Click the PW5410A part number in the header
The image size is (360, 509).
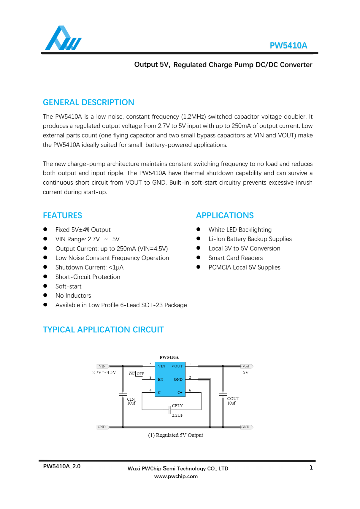point(288,45)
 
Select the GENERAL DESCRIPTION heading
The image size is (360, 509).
point(88,102)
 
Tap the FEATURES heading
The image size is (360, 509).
point(62,215)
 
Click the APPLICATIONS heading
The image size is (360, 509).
point(225,215)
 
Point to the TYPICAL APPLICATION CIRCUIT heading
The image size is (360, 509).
point(103,330)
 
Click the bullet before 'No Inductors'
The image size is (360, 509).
point(45,295)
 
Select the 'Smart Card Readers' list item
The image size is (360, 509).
point(235,258)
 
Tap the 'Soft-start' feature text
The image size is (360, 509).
point(68,286)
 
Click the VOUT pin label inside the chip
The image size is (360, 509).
point(177,366)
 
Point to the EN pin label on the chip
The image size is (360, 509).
point(161,380)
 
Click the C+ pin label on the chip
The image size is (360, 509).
point(180,393)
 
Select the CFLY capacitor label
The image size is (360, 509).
point(177,406)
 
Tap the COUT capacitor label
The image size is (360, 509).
point(233,399)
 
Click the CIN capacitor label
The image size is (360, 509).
point(131,399)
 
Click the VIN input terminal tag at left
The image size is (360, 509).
point(102,366)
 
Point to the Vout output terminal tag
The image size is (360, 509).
point(246,366)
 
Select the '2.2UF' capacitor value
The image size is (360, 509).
point(177,415)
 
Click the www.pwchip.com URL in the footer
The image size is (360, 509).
point(176,476)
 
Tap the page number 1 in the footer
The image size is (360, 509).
point(311,468)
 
